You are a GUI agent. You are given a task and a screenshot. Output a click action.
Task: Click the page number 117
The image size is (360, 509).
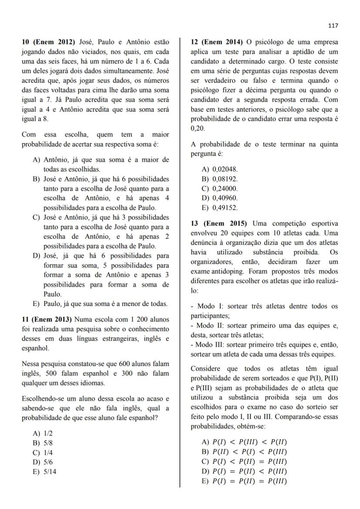pyautogui.click(x=333, y=26)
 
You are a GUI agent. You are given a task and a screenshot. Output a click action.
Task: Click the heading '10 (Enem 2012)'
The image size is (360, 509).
pyautogui.click(x=49, y=42)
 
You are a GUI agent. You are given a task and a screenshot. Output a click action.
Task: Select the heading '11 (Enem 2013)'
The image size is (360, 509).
pyautogui.click(x=47, y=319)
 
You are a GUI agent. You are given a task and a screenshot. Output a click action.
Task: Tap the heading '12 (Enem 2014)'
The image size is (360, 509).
pyautogui.click(x=217, y=42)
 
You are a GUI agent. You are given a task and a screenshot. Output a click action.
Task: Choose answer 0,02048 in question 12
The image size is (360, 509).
pyautogui.click(x=225, y=169)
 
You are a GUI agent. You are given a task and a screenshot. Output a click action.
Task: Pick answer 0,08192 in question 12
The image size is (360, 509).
pyautogui.click(x=225, y=179)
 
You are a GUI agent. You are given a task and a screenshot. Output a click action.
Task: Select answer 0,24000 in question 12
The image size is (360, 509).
pyautogui.click(x=225, y=188)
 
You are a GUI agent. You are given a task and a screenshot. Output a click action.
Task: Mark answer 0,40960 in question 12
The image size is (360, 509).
pyautogui.click(x=225, y=198)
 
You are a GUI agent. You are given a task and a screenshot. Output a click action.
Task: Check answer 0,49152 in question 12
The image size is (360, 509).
pyautogui.click(x=225, y=207)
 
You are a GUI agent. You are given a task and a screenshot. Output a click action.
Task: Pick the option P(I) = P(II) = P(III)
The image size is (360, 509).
pyautogui.click(x=249, y=481)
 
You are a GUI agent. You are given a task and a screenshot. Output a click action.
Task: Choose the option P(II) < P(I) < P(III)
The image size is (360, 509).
pyautogui.click(x=249, y=452)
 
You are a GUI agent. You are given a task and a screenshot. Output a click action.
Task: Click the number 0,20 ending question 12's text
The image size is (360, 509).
pyautogui.click(x=197, y=129)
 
